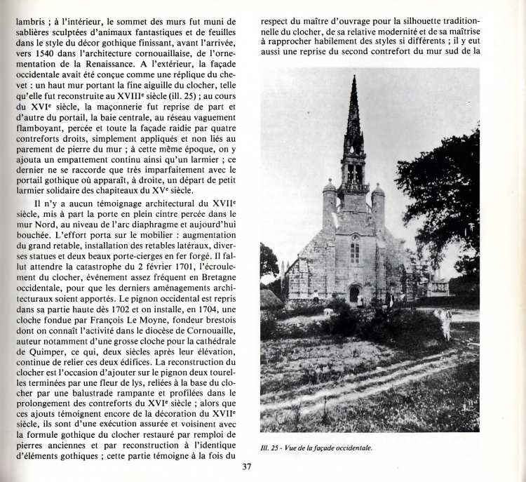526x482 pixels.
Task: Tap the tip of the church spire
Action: pos(353,77)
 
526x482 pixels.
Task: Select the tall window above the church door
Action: pos(355,249)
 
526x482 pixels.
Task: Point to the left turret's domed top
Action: pos(330,186)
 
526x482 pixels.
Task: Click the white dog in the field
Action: pos(445,322)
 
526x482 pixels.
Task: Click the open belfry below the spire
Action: pos(353,170)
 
